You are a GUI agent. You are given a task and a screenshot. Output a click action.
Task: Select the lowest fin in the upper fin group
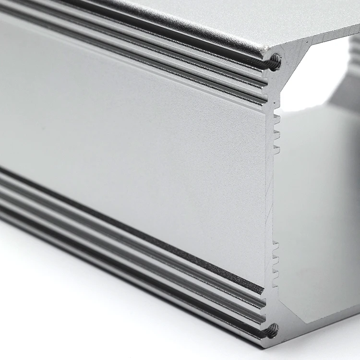(276, 149)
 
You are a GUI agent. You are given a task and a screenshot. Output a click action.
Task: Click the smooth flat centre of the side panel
(134, 125)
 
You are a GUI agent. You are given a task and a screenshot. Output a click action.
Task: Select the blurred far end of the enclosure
(353, 72)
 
